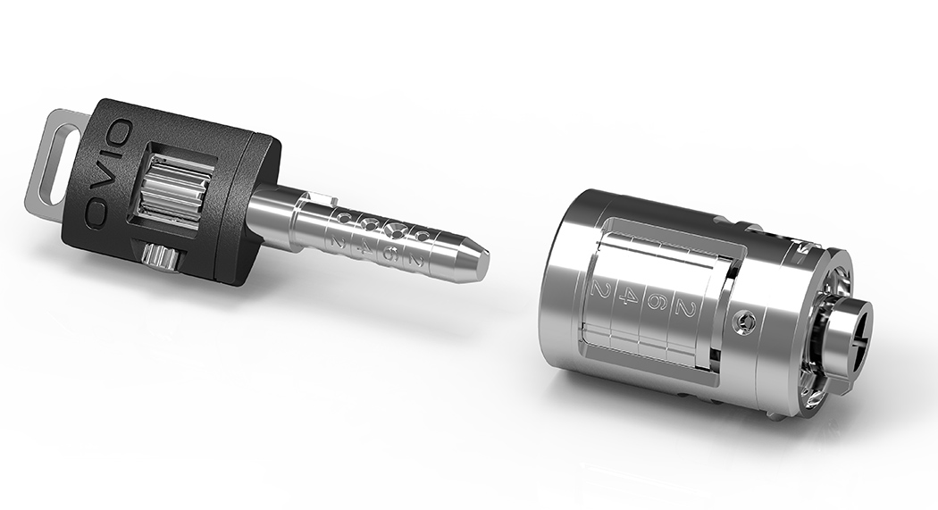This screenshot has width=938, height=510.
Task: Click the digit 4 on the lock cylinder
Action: [626, 298]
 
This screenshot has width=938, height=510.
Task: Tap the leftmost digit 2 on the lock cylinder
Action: [599, 291]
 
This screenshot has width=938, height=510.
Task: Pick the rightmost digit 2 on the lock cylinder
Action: [684, 307]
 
